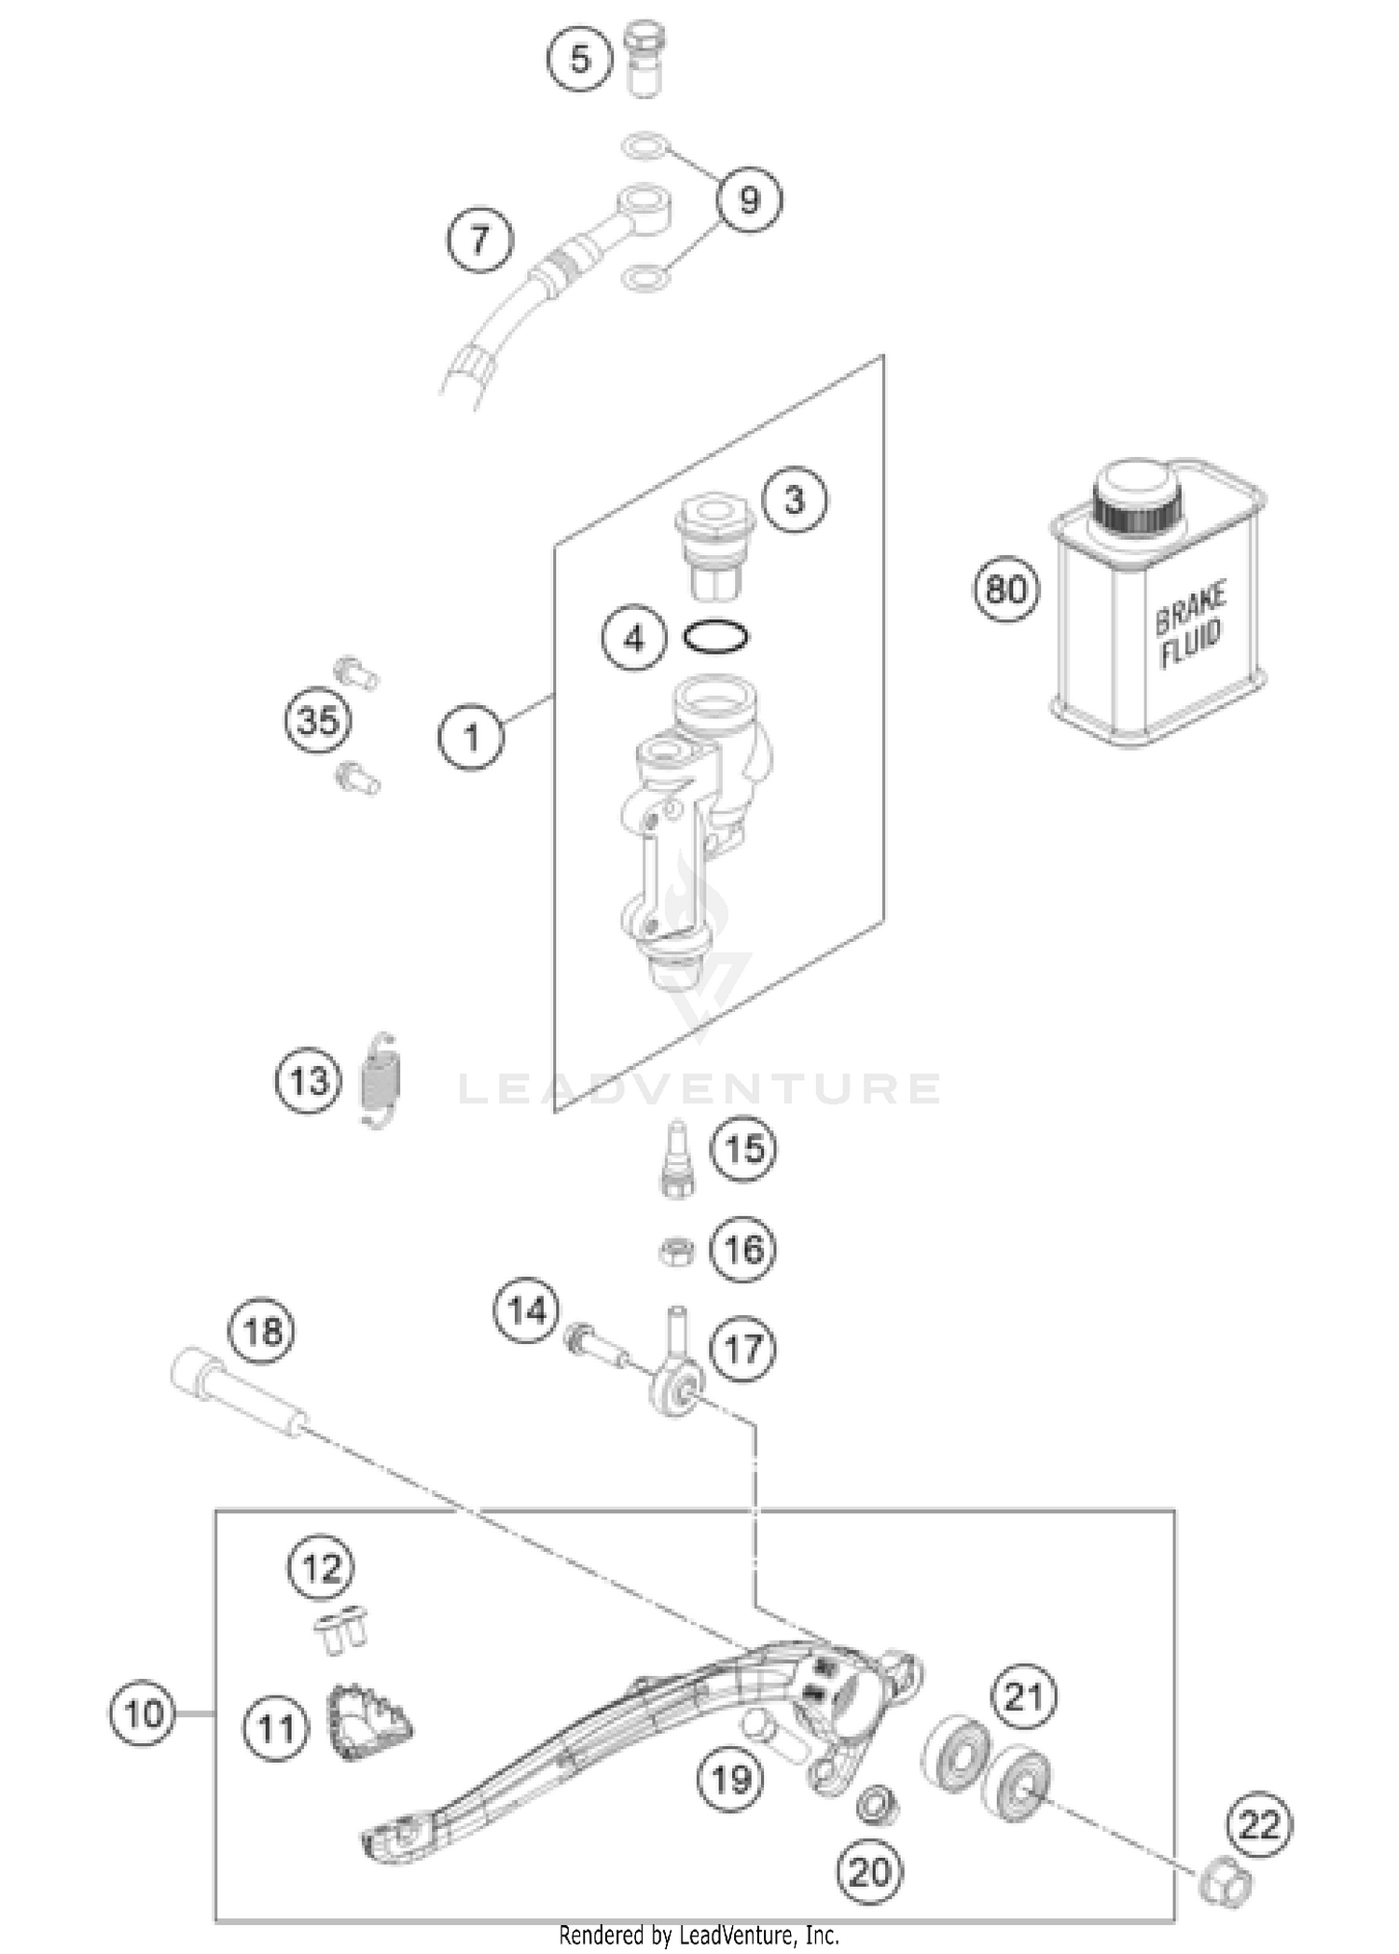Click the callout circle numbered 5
pyautogui.click(x=580, y=60)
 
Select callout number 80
pyautogui.click(x=1006, y=589)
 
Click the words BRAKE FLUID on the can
pyautogui.click(x=1191, y=624)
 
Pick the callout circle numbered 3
pyautogui.click(x=794, y=499)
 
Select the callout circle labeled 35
pyautogui.click(x=318, y=721)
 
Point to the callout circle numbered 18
pyautogui.click(x=262, y=1330)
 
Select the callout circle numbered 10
pyautogui.click(x=143, y=1713)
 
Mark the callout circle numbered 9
pyautogui.click(x=749, y=200)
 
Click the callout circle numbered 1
pyautogui.click(x=471, y=738)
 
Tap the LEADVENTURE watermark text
pyautogui.click(x=699, y=1088)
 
